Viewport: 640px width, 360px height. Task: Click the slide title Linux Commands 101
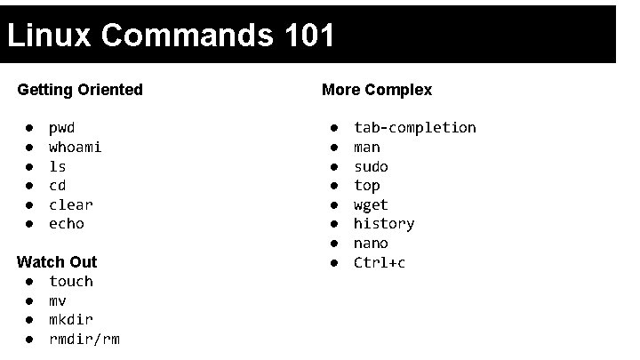coord(171,36)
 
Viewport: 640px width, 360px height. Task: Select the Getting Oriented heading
coord(80,90)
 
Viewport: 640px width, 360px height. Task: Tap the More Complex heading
coord(377,90)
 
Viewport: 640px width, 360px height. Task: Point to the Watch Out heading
coord(57,262)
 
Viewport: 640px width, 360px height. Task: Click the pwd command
coord(61,128)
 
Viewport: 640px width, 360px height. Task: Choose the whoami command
coord(76,147)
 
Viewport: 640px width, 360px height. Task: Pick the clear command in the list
coord(71,204)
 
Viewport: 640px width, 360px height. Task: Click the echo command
coord(67,224)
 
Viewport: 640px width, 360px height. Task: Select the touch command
coord(71,282)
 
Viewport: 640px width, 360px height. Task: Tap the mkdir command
coord(71,320)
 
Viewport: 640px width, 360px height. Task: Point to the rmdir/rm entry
coord(84,340)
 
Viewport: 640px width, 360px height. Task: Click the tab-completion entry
coord(415,128)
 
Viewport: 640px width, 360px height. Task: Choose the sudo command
coord(371,166)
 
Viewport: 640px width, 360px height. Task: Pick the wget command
coord(371,204)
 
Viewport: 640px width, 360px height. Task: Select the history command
coord(384,224)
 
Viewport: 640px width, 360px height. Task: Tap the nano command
coord(371,244)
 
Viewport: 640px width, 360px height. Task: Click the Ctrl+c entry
coord(380,263)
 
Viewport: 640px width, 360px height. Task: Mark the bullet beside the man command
coord(334,148)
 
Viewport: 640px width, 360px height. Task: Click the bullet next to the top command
coord(334,186)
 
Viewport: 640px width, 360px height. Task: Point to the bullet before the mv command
coord(29,301)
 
